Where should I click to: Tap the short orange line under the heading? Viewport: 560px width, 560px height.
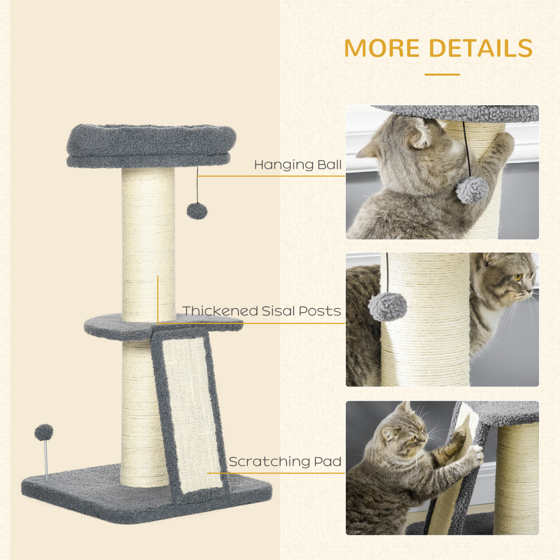pos(442,75)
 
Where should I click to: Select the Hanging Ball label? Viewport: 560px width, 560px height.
pos(298,165)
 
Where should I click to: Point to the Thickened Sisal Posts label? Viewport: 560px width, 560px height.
pos(261,311)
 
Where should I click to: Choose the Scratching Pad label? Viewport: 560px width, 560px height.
pos(285,461)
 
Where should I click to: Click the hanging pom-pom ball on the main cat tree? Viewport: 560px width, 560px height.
pos(197,211)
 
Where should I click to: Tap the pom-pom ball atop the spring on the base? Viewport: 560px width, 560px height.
pos(44,432)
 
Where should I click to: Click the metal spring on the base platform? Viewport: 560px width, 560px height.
pos(46,459)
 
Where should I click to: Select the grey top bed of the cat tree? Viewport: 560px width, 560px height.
pos(151,145)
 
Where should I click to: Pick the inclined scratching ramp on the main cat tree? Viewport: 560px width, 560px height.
pos(191,415)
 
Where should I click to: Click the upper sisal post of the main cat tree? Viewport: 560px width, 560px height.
pos(148,244)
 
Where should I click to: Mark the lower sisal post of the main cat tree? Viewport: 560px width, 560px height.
pos(138,415)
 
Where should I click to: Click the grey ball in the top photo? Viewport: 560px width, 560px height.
pos(472,190)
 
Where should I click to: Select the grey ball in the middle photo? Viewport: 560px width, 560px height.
pos(387,306)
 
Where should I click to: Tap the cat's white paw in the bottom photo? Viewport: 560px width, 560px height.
pos(474,454)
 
